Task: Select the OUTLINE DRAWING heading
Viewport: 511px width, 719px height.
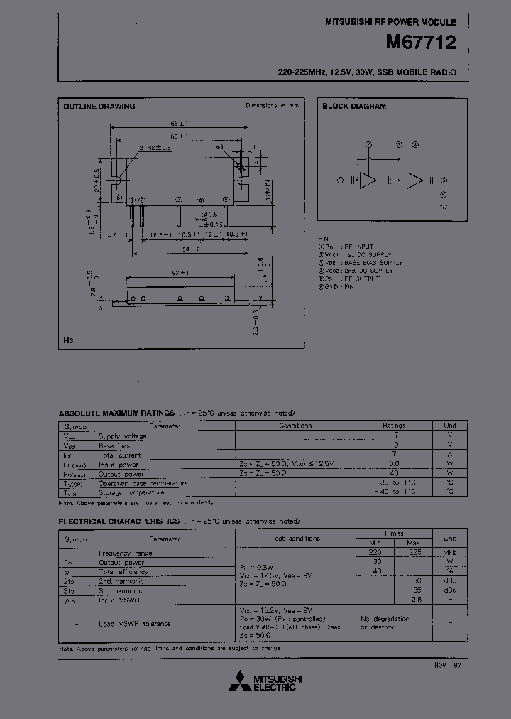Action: (99, 107)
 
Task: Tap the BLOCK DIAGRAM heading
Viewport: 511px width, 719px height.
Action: (354, 107)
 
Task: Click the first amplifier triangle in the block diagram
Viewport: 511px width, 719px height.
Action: (368, 180)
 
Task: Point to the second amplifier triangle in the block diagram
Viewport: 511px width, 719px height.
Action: (414, 180)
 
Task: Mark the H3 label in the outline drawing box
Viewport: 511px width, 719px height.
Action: (68, 341)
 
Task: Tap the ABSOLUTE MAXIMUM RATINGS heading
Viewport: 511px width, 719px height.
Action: (116, 413)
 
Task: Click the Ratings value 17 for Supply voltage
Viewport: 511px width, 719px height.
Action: (395, 435)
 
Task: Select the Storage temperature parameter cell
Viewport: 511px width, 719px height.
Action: (131, 492)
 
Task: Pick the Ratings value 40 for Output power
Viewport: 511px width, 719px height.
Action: (395, 473)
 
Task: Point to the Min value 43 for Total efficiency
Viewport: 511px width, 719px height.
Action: (377, 572)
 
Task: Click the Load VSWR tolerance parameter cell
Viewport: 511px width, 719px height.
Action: (135, 624)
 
